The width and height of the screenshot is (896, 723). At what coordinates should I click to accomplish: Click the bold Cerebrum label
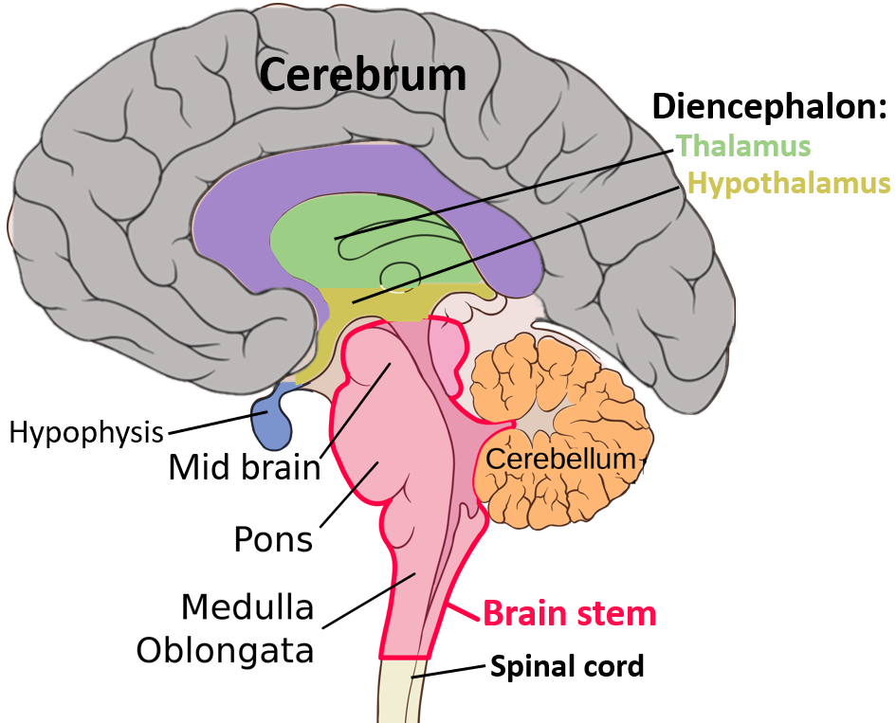click(x=363, y=75)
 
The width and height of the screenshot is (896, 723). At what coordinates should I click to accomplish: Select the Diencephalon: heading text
click(x=769, y=108)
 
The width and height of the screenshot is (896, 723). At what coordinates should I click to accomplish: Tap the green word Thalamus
click(x=743, y=146)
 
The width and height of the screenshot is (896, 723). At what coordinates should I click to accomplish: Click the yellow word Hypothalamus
click(x=789, y=182)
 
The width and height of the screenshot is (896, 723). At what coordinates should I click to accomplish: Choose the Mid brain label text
click(x=245, y=466)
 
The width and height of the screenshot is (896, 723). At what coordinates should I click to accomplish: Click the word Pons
click(x=273, y=539)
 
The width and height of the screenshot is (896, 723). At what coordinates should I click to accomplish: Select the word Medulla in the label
click(x=247, y=606)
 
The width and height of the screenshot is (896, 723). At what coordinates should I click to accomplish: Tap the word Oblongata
click(x=225, y=650)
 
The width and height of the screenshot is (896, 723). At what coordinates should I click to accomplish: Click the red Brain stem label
click(x=569, y=613)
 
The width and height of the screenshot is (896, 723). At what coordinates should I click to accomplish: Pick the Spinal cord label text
click(x=566, y=666)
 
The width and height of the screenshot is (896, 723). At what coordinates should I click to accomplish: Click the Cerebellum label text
click(x=558, y=460)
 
